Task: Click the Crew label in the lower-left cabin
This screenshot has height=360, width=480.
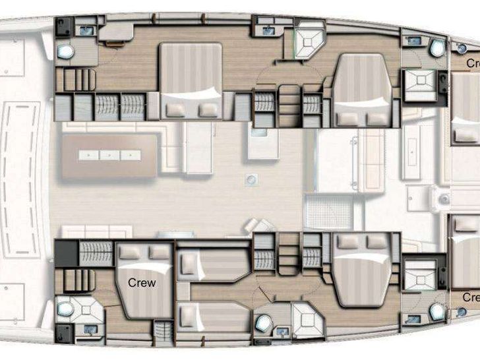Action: click(x=142, y=283)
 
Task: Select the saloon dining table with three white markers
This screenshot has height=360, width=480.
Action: click(x=110, y=156)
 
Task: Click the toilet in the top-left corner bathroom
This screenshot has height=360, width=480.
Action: click(x=65, y=51)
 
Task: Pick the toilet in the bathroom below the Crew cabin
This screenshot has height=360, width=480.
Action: click(x=65, y=307)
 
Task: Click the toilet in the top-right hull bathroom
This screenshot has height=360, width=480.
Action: click(x=436, y=47)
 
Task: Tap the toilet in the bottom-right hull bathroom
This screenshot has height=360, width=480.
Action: click(x=436, y=311)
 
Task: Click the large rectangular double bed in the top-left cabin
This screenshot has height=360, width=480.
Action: click(x=191, y=80)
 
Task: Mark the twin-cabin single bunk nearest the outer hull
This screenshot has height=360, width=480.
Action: click(x=212, y=316)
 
